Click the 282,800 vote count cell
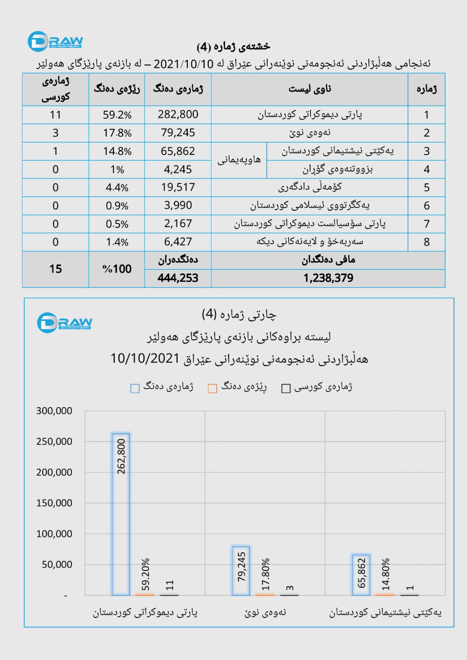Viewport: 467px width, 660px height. point(178,115)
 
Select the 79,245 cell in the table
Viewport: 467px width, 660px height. point(178,133)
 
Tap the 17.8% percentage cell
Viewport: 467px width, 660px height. point(117,133)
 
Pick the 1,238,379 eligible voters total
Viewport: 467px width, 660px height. point(328,278)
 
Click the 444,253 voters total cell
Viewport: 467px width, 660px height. point(178,278)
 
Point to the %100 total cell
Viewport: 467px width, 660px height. point(117,269)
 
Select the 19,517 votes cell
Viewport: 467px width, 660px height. point(178,187)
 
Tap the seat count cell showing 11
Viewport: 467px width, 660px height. point(55,115)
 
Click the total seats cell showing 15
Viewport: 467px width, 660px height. point(55,269)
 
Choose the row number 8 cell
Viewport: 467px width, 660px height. point(427,242)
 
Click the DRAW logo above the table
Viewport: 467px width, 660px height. point(55,41)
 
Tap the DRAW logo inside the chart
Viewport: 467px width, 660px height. point(64,323)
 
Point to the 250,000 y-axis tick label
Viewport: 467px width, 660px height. point(54,441)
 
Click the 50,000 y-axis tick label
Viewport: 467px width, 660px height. point(57,564)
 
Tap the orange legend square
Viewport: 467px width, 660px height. point(213,389)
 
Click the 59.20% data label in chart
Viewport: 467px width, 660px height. point(145,575)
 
